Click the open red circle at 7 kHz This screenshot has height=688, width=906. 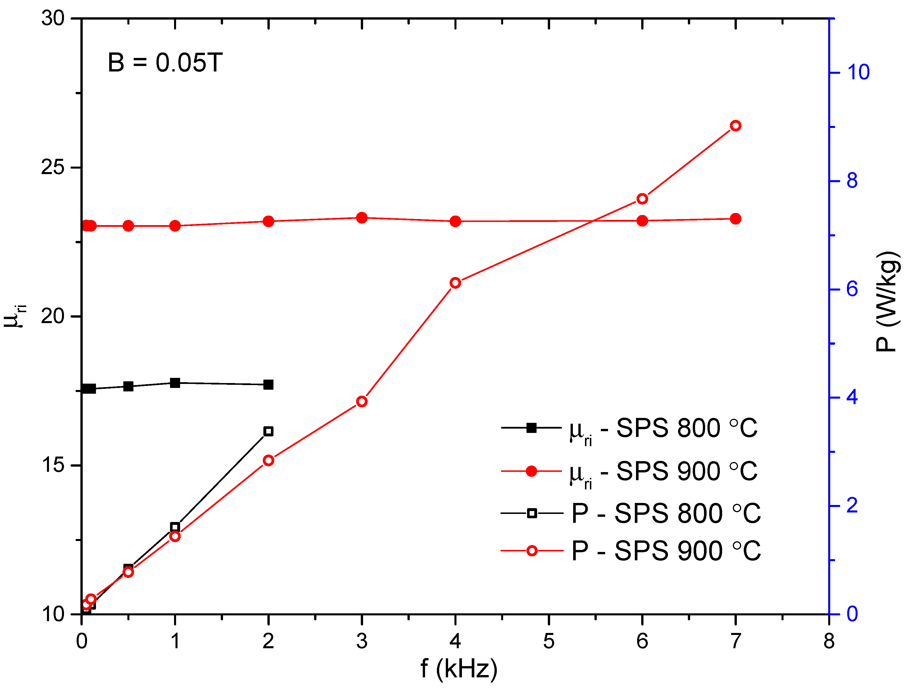[x=736, y=126]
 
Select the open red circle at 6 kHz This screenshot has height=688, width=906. [x=642, y=199]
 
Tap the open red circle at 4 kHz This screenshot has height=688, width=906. [x=455, y=283]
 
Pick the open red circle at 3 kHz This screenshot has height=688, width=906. [x=362, y=401]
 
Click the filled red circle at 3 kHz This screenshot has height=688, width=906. [x=362, y=218]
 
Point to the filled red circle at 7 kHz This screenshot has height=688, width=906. [x=736, y=219]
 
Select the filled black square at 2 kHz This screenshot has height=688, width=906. [x=268, y=384]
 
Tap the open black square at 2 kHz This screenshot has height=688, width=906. [x=268, y=431]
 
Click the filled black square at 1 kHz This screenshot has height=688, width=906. [x=175, y=383]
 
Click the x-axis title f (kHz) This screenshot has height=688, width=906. [x=459, y=669]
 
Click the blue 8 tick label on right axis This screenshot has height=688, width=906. [x=852, y=181]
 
